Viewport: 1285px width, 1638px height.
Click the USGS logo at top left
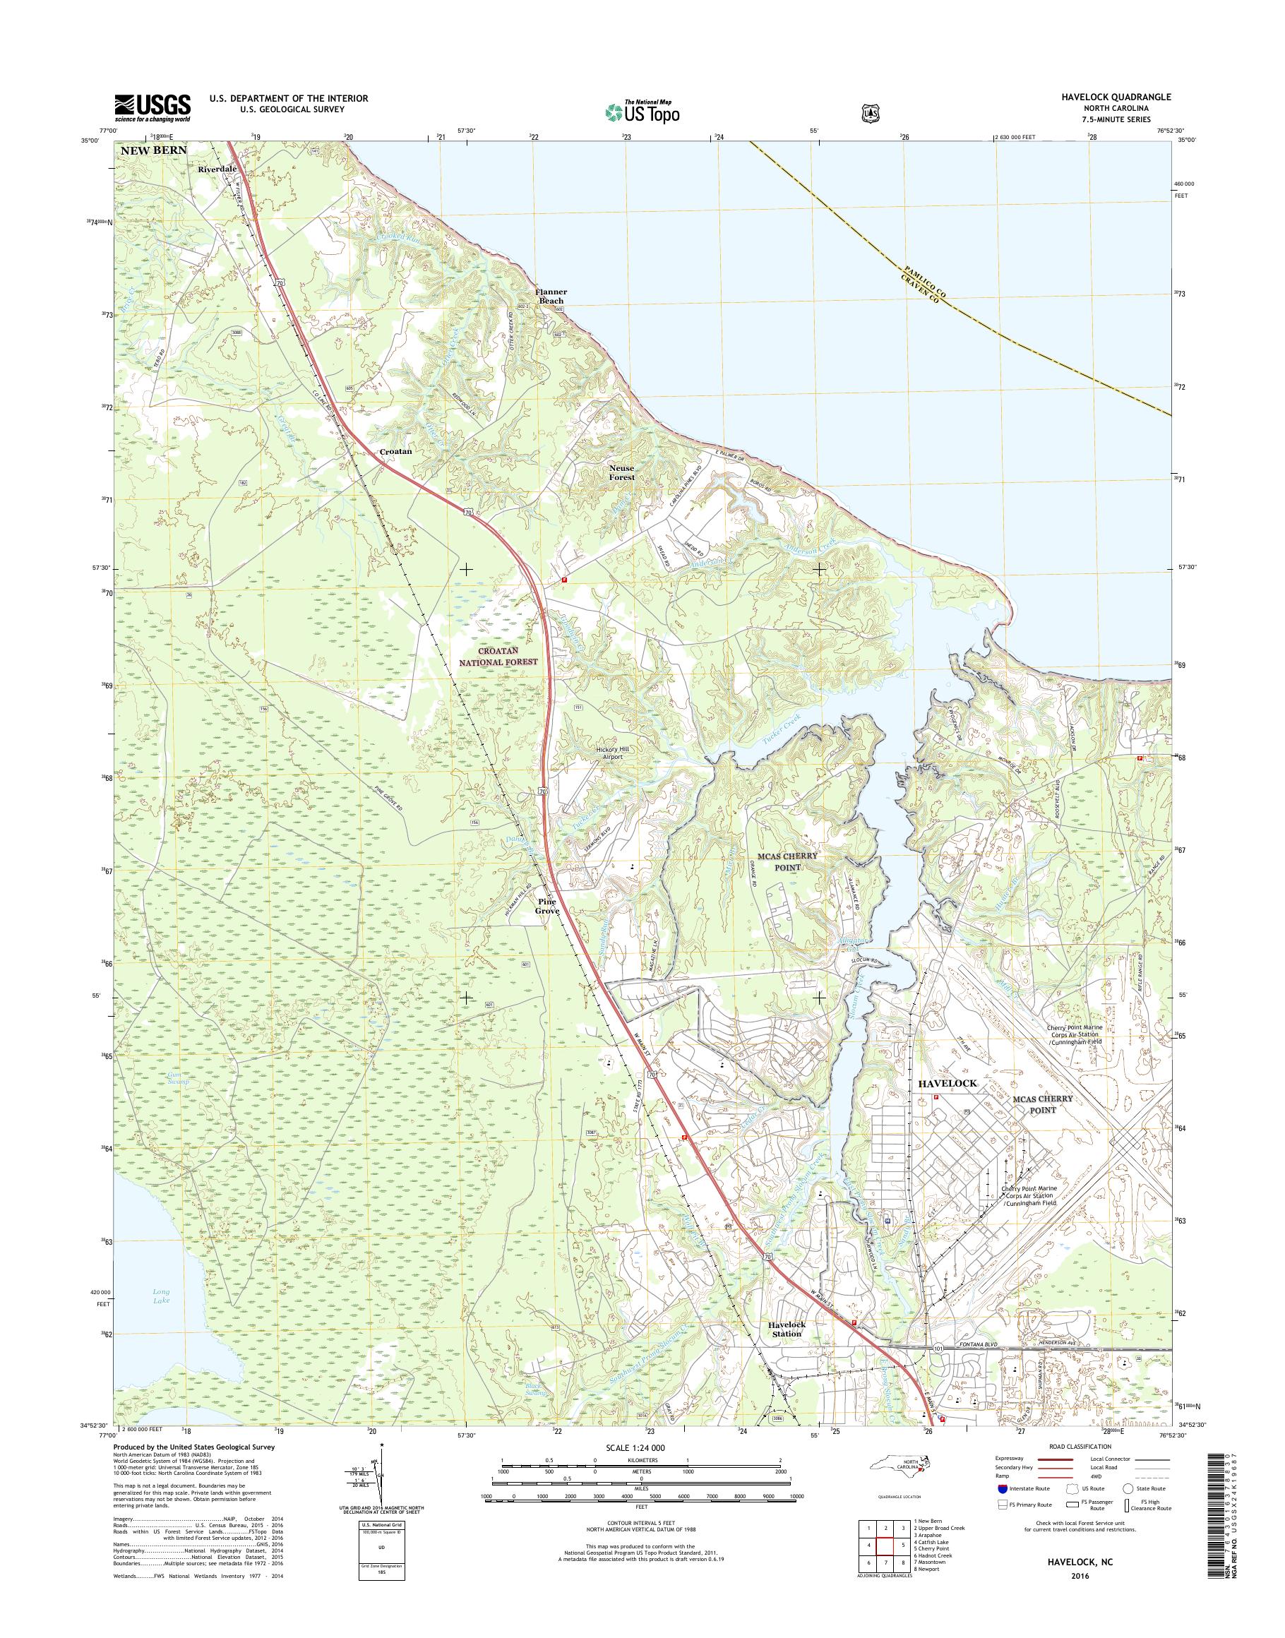pos(152,107)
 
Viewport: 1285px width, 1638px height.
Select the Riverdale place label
pos(217,169)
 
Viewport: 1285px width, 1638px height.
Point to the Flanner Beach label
pos(551,296)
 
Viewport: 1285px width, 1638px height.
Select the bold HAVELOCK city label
pos(948,1083)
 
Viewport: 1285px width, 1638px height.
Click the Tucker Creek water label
pos(782,721)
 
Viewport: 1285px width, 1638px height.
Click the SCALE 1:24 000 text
pos(636,1447)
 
